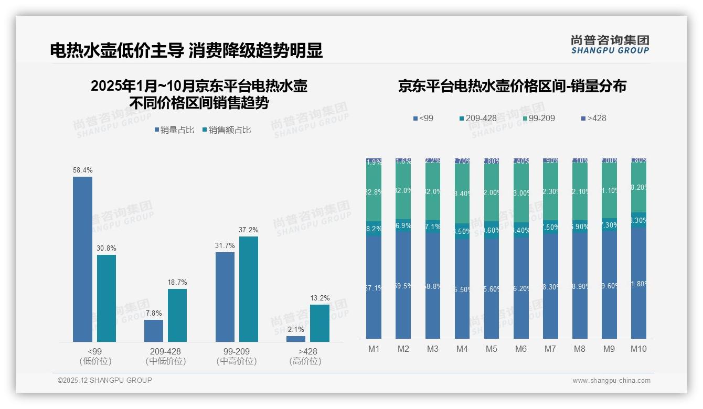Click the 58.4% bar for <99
coord(82,259)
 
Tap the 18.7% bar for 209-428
coord(177,315)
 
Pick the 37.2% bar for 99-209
coord(249,289)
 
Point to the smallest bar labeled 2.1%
coord(296,339)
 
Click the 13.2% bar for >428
coord(319,323)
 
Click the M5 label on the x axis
coord(491,349)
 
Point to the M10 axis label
coord(638,349)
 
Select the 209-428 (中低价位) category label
coord(166,356)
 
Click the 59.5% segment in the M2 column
coord(403,286)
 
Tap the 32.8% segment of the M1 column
coord(374,192)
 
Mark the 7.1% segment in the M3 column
coord(433,227)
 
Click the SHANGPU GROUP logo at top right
coord(610,44)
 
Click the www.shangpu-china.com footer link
coord(611,381)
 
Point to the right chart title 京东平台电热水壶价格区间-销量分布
coord(512,86)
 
